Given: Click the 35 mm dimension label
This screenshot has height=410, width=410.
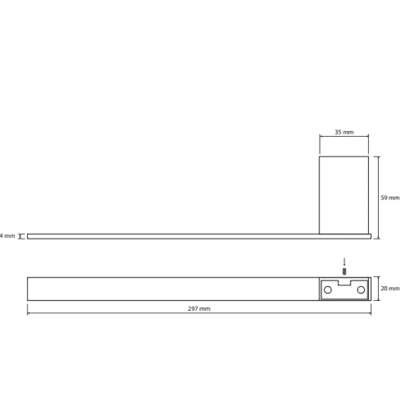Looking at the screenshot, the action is pyautogui.click(x=344, y=132).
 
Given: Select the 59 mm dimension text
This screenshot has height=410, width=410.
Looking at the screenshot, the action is pyautogui.click(x=390, y=198).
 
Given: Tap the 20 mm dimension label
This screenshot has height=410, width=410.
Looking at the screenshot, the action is pyautogui.click(x=390, y=289).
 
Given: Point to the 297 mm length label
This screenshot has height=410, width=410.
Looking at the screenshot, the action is pyautogui.click(x=199, y=308).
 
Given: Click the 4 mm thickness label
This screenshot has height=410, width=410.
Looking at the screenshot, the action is pyautogui.click(x=7, y=235).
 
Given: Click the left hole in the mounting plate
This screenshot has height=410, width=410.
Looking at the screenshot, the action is pyautogui.click(x=328, y=289).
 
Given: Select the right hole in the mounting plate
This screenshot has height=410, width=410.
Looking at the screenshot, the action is pyautogui.click(x=361, y=289).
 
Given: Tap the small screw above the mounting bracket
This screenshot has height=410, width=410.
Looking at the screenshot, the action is pyautogui.click(x=344, y=271).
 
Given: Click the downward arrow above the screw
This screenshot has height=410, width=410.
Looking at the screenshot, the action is pyautogui.click(x=344, y=262).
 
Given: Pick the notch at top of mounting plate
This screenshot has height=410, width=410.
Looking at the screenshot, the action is pyautogui.click(x=344, y=283).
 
